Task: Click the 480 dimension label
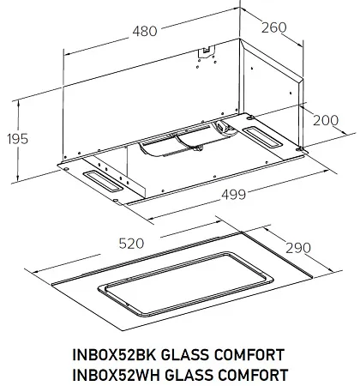pyautogui.click(x=146, y=32)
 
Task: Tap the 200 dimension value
pyautogui.click(x=327, y=119)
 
